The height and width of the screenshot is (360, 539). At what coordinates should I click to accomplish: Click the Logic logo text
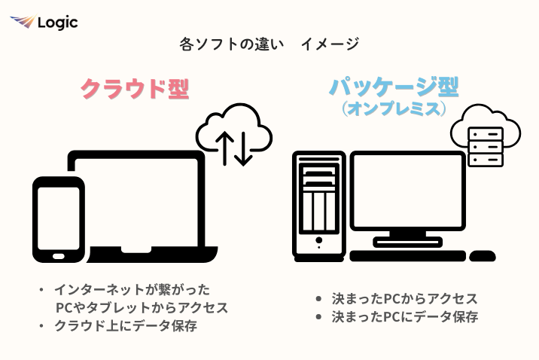57,23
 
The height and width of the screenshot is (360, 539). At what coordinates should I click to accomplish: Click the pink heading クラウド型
134,89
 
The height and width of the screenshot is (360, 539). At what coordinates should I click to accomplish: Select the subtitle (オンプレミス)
393,110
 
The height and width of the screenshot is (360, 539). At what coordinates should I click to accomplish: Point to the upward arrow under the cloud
224,148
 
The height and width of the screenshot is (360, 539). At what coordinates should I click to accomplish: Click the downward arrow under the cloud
243,148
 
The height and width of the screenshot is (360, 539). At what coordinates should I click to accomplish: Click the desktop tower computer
319,203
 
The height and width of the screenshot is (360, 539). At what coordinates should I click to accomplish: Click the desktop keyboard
407,256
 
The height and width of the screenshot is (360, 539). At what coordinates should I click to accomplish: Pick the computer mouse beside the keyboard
482,256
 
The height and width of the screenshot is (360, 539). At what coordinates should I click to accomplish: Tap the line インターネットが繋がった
132,289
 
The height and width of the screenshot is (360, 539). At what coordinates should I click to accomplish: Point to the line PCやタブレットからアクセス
142,307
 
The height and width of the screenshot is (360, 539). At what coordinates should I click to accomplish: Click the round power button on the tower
318,240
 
